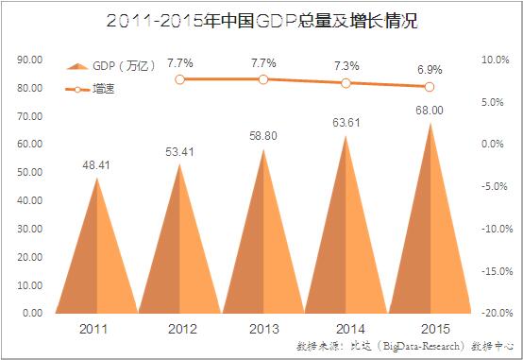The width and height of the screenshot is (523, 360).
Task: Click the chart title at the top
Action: coord(261,21)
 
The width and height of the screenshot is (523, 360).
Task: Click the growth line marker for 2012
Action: coord(179,79)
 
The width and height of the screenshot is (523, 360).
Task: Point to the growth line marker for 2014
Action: coord(346,83)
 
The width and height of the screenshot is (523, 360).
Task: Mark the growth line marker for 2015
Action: coord(430,87)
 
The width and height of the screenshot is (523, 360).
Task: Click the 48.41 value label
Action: coord(96,165)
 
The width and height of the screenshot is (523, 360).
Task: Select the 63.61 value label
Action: coord(346,123)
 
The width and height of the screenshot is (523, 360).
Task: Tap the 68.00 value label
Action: coord(430,111)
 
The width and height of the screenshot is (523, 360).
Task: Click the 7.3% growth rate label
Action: coord(346,66)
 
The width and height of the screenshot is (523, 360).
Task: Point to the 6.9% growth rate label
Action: coord(430,70)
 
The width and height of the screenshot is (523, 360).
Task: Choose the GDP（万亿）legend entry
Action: coord(110,66)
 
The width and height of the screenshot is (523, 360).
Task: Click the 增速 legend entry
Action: coord(90,89)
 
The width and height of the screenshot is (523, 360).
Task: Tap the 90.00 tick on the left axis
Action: coord(30,60)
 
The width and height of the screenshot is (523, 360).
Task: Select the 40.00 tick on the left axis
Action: coord(30,200)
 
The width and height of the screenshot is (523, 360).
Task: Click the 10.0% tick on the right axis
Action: coord(496,60)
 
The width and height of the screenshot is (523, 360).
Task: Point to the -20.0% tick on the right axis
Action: coord(497,313)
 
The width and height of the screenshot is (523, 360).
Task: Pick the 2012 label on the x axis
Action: coord(182,329)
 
